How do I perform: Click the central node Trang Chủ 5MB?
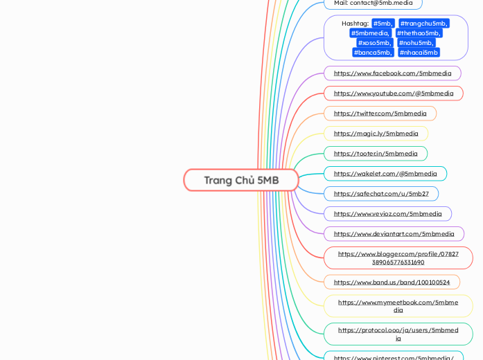[x=241, y=180]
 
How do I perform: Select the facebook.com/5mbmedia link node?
[x=392, y=73]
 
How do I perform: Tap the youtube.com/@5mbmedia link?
[x=393, y=93]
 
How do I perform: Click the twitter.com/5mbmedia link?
[x=380, y=114]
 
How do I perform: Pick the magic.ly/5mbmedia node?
[x=376, y=134]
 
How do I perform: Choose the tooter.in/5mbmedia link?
[x=376, y=154]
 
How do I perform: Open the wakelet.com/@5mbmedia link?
[x=385, y=174]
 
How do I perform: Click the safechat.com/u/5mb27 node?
[x=381, y=194]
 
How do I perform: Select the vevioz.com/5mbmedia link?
[x=387, y=214]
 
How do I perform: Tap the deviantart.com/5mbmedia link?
[x=394, y=234]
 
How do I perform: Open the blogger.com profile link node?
[x=398, y=258]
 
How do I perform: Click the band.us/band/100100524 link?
[x=392, y=282]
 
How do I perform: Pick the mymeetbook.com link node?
[x=398, y=306]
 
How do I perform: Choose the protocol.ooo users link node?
[x=398, y=334]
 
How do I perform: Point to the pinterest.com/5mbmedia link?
[x=393, y=357]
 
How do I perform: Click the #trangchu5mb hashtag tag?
[x=423, y=24]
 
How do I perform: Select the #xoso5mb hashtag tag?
[x=374, y=43]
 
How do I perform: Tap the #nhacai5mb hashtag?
[x=419, y=53]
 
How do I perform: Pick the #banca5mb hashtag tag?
[x=373, y=53]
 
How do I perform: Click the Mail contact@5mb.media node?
[x=373, y=3]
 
